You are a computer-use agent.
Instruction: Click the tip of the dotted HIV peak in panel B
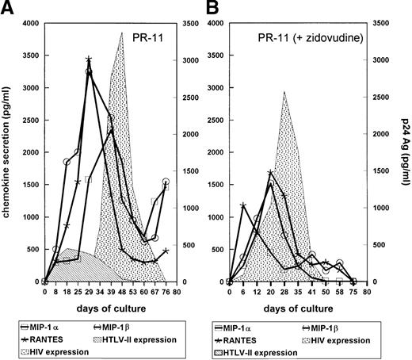[x=284, y=92]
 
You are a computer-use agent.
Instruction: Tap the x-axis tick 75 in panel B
[x=353, y=292]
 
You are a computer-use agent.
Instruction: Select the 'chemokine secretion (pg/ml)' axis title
[x=7, y=151]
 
